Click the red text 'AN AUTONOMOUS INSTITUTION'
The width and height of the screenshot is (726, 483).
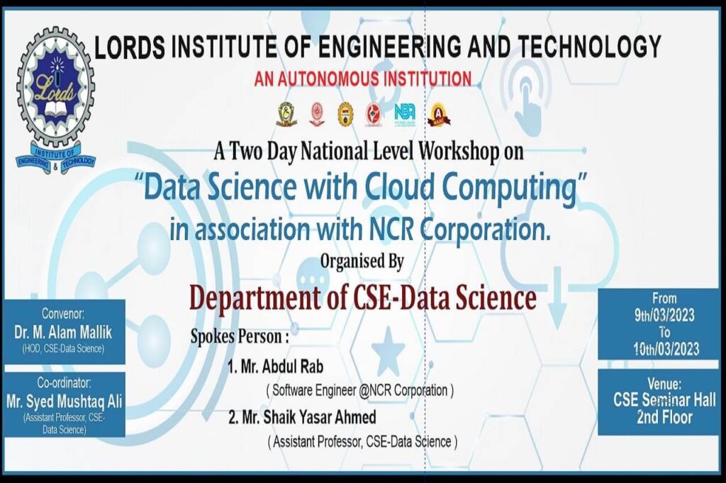click(x=363, y=78)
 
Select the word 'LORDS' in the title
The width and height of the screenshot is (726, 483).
click(x=130, y=47)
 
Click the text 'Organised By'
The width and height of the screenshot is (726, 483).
click(x=362, y=262)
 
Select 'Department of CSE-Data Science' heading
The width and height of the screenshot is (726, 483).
click(x=362, y=298)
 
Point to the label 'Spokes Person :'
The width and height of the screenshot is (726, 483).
click(x=240, y=335)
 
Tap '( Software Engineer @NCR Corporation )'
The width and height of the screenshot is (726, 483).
click(x=359, y=390)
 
